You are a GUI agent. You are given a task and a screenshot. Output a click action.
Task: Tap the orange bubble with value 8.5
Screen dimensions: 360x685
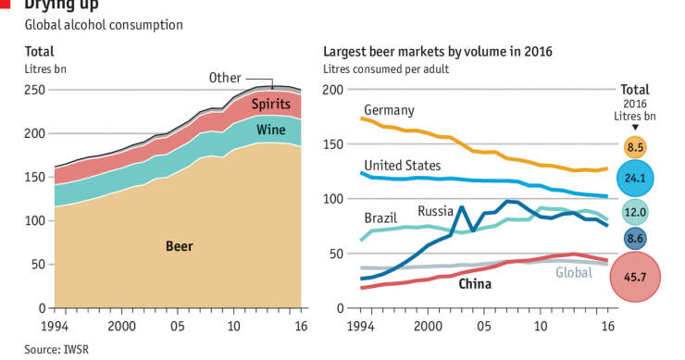point(635,146)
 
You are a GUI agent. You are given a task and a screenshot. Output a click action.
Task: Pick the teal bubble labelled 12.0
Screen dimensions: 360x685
point(635,212)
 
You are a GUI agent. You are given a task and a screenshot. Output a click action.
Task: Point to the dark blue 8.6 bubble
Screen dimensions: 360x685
point(635,239)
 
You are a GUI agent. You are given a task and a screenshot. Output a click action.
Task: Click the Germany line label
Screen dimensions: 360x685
point(389,110)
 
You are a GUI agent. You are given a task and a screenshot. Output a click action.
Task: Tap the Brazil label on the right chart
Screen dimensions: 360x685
point(380,218)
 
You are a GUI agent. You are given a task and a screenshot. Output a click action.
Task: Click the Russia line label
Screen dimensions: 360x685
point(434,210)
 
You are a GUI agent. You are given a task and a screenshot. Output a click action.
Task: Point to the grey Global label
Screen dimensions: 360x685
point(574,272)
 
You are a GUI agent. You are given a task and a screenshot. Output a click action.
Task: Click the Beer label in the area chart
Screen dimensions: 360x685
point(180,246)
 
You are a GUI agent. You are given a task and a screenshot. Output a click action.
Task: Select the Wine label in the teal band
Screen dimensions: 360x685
point(270,130)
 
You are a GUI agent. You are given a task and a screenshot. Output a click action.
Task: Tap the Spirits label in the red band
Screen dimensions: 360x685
point(271,104)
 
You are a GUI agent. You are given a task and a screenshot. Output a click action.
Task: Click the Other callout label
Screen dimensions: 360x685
point(225,77)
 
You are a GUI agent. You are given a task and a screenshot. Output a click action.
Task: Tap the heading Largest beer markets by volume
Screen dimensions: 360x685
point(437,52)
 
